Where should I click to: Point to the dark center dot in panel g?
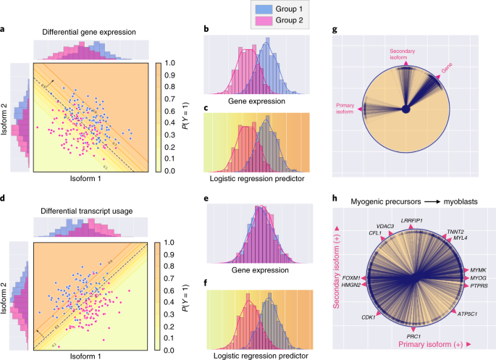click(407, 109)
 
